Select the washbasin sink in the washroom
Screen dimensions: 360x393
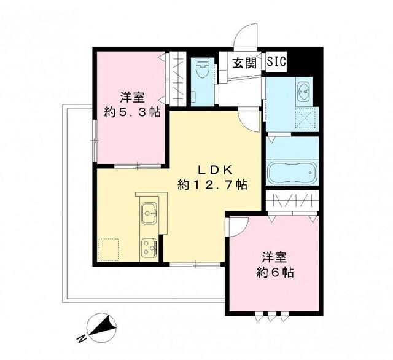pos(303,93)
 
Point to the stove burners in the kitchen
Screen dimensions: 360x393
pos(149,248)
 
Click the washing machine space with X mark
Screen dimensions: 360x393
pos(304,117)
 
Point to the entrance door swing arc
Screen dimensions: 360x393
pos(247,34)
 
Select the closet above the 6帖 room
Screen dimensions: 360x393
pos(293,201)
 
